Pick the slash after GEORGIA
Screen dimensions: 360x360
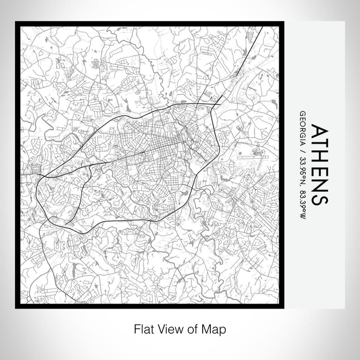[x=302, y=149]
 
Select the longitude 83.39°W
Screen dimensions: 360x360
[x=302, y=202]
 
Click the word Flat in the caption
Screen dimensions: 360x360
[x=145, y=329]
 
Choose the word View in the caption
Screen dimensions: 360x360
[x=172, y=329]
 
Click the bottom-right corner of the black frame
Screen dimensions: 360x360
[x=282, y=307]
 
